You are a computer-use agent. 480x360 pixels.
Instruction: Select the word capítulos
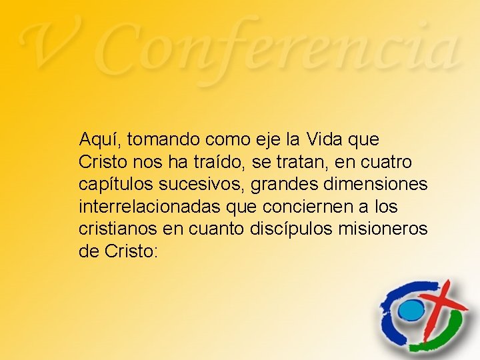[110, 184]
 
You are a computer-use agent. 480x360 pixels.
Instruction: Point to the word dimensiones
[373, 184]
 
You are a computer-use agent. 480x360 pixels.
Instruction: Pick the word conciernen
[308, 205]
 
